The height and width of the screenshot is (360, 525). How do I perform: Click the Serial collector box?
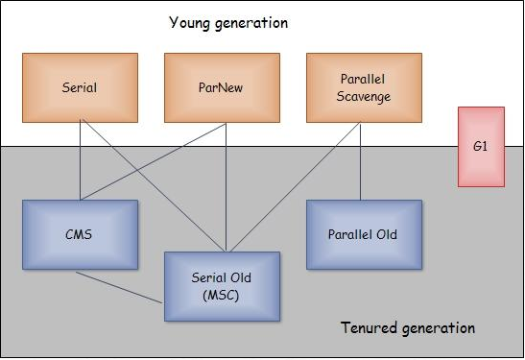pos(80,87)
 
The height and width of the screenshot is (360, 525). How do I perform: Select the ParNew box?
pos(222,87)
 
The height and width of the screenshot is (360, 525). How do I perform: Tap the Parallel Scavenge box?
pos(364,87)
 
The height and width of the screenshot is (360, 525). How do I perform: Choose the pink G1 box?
pos(481,147)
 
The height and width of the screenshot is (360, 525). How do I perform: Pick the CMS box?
pos(80,234)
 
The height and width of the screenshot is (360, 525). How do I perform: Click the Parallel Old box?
pos(364,234)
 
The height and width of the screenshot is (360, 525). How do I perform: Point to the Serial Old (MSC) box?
pos(222,287)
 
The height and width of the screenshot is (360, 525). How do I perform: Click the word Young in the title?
pos(189,23)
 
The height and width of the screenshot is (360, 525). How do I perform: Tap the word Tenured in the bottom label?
pos(369,327)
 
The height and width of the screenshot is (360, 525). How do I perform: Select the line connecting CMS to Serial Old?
pos(119,288)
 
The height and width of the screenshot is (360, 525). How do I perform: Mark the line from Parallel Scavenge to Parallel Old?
pos(360,161)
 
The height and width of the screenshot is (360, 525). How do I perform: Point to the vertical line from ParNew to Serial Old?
pos(226,187)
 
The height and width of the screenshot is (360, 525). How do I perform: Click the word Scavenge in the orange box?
pos(364,96)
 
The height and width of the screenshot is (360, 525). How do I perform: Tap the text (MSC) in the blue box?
pos(221,296)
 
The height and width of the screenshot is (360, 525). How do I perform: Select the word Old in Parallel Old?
pos(387,234)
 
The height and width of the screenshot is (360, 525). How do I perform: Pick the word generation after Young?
pos(251,23)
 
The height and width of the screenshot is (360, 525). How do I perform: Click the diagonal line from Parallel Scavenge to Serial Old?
pos(296,187)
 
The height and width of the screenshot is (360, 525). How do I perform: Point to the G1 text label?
pos(480,146)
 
